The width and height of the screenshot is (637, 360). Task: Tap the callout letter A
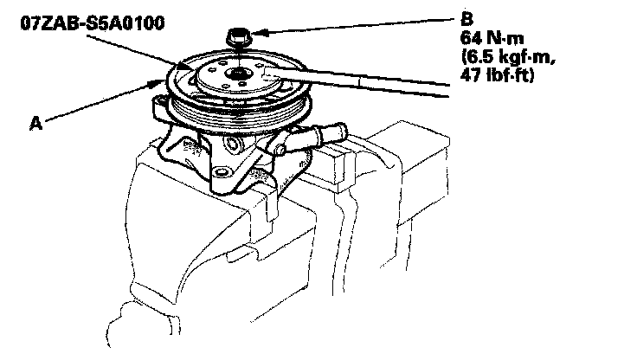point(35,124)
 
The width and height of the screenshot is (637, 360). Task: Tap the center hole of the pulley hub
point(235,77)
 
